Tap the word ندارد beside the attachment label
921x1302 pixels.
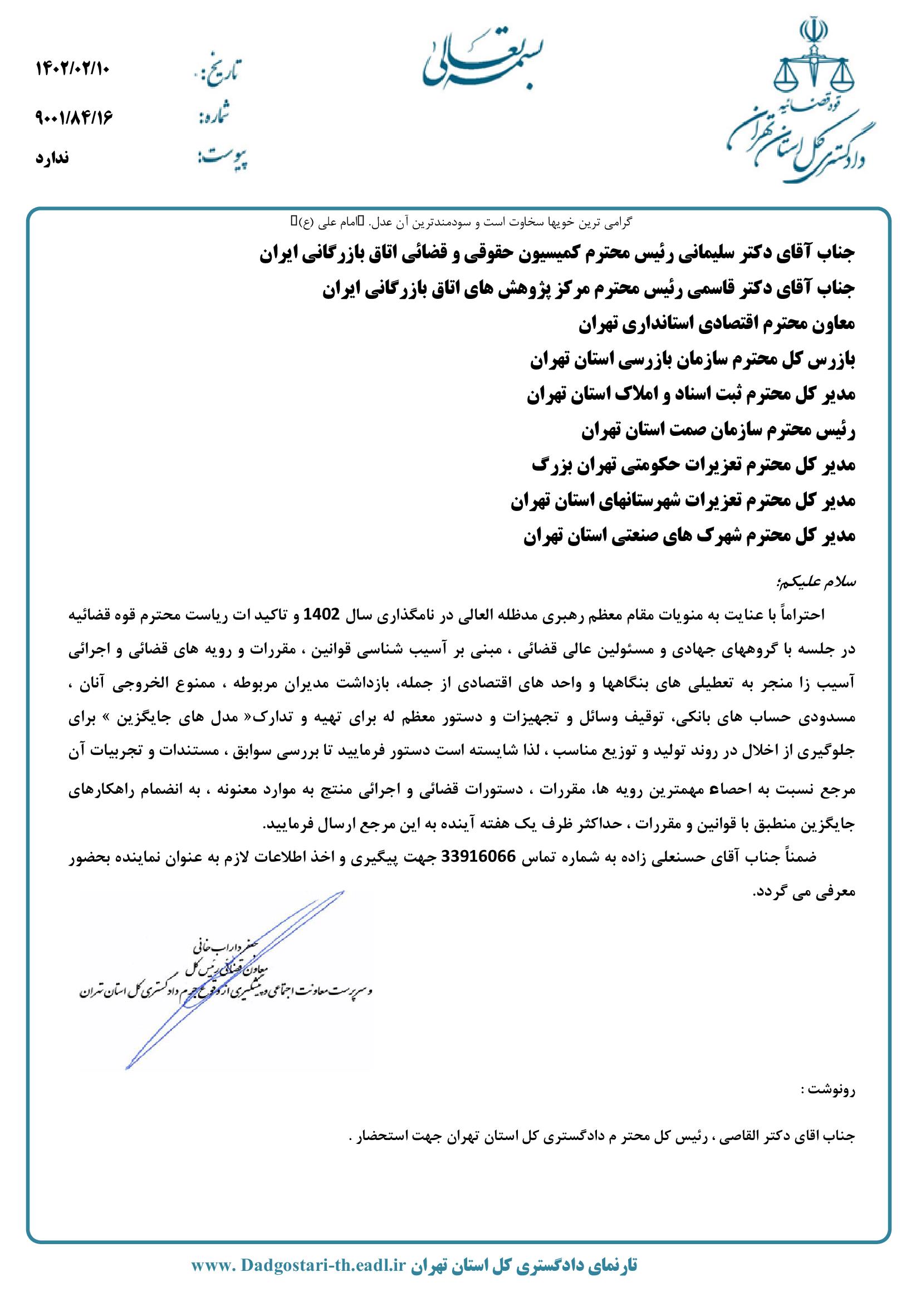click(52, 158)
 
